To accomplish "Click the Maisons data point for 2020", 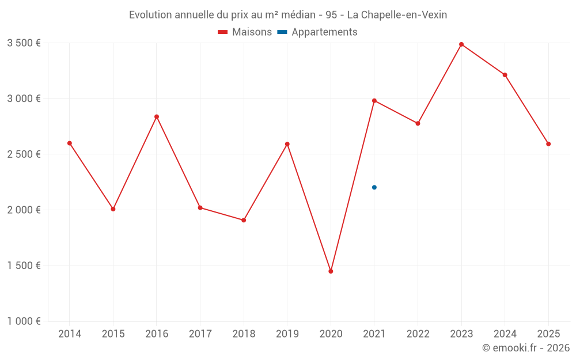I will coord(331,271).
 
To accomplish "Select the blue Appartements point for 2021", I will coord(374,187).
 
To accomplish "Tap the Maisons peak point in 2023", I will coord(461,44).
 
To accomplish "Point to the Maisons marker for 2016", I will coord(157,117).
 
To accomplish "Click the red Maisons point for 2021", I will coord(374,101).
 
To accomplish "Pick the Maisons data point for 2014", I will coord(70,143).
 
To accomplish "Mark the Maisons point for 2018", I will coord(244,220).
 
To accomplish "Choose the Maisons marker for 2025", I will coord(548,144).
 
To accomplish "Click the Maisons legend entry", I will coord(245,32).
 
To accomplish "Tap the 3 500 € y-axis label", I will coord(24,43).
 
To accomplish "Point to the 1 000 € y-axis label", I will coord(24,321).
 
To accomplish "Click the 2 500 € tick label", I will coord(24,154).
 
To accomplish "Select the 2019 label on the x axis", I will coord(287,334).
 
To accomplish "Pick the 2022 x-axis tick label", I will coord(418,334).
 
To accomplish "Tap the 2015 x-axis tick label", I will coord(113,334).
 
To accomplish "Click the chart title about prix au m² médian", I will coord(288,15).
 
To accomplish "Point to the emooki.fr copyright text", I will coord(525,348).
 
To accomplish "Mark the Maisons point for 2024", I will coord(505,75).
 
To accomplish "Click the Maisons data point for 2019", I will coord(287,144).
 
